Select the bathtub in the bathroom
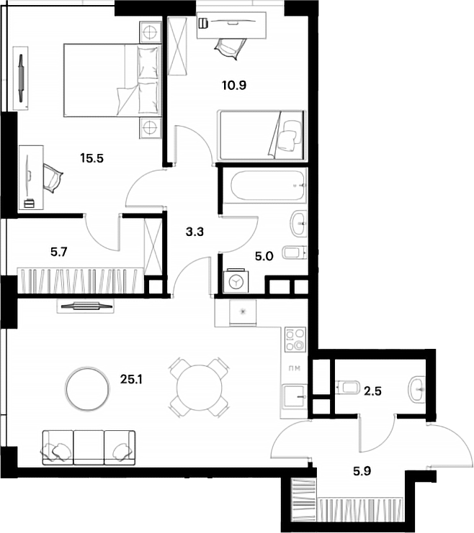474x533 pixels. pos(264,186)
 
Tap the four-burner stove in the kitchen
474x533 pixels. pos(295,339)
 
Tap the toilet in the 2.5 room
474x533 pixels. pos(347,388)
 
